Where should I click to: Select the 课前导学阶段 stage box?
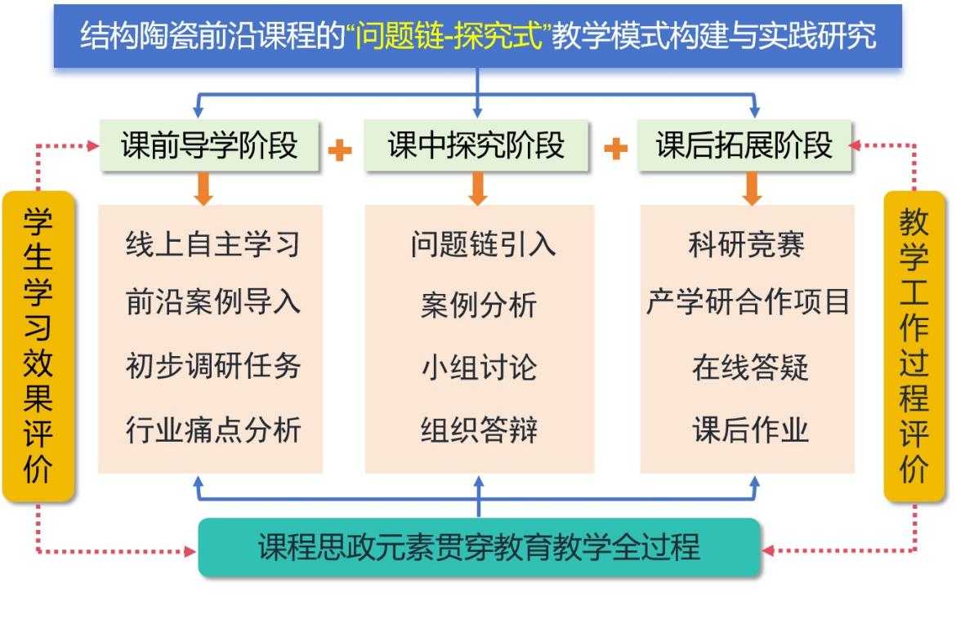[x=210, y=146]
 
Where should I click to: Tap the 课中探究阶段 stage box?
[x=476, y=146]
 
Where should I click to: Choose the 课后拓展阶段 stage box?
[x=744, y=146]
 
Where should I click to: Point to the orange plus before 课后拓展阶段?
[x=615, y=149]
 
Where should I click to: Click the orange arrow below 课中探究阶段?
[x=479, y=189]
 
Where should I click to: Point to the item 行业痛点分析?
[x=213, y=429]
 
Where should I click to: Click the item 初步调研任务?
[x=213, y=365]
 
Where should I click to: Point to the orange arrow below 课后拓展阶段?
[x=753, y=189]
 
